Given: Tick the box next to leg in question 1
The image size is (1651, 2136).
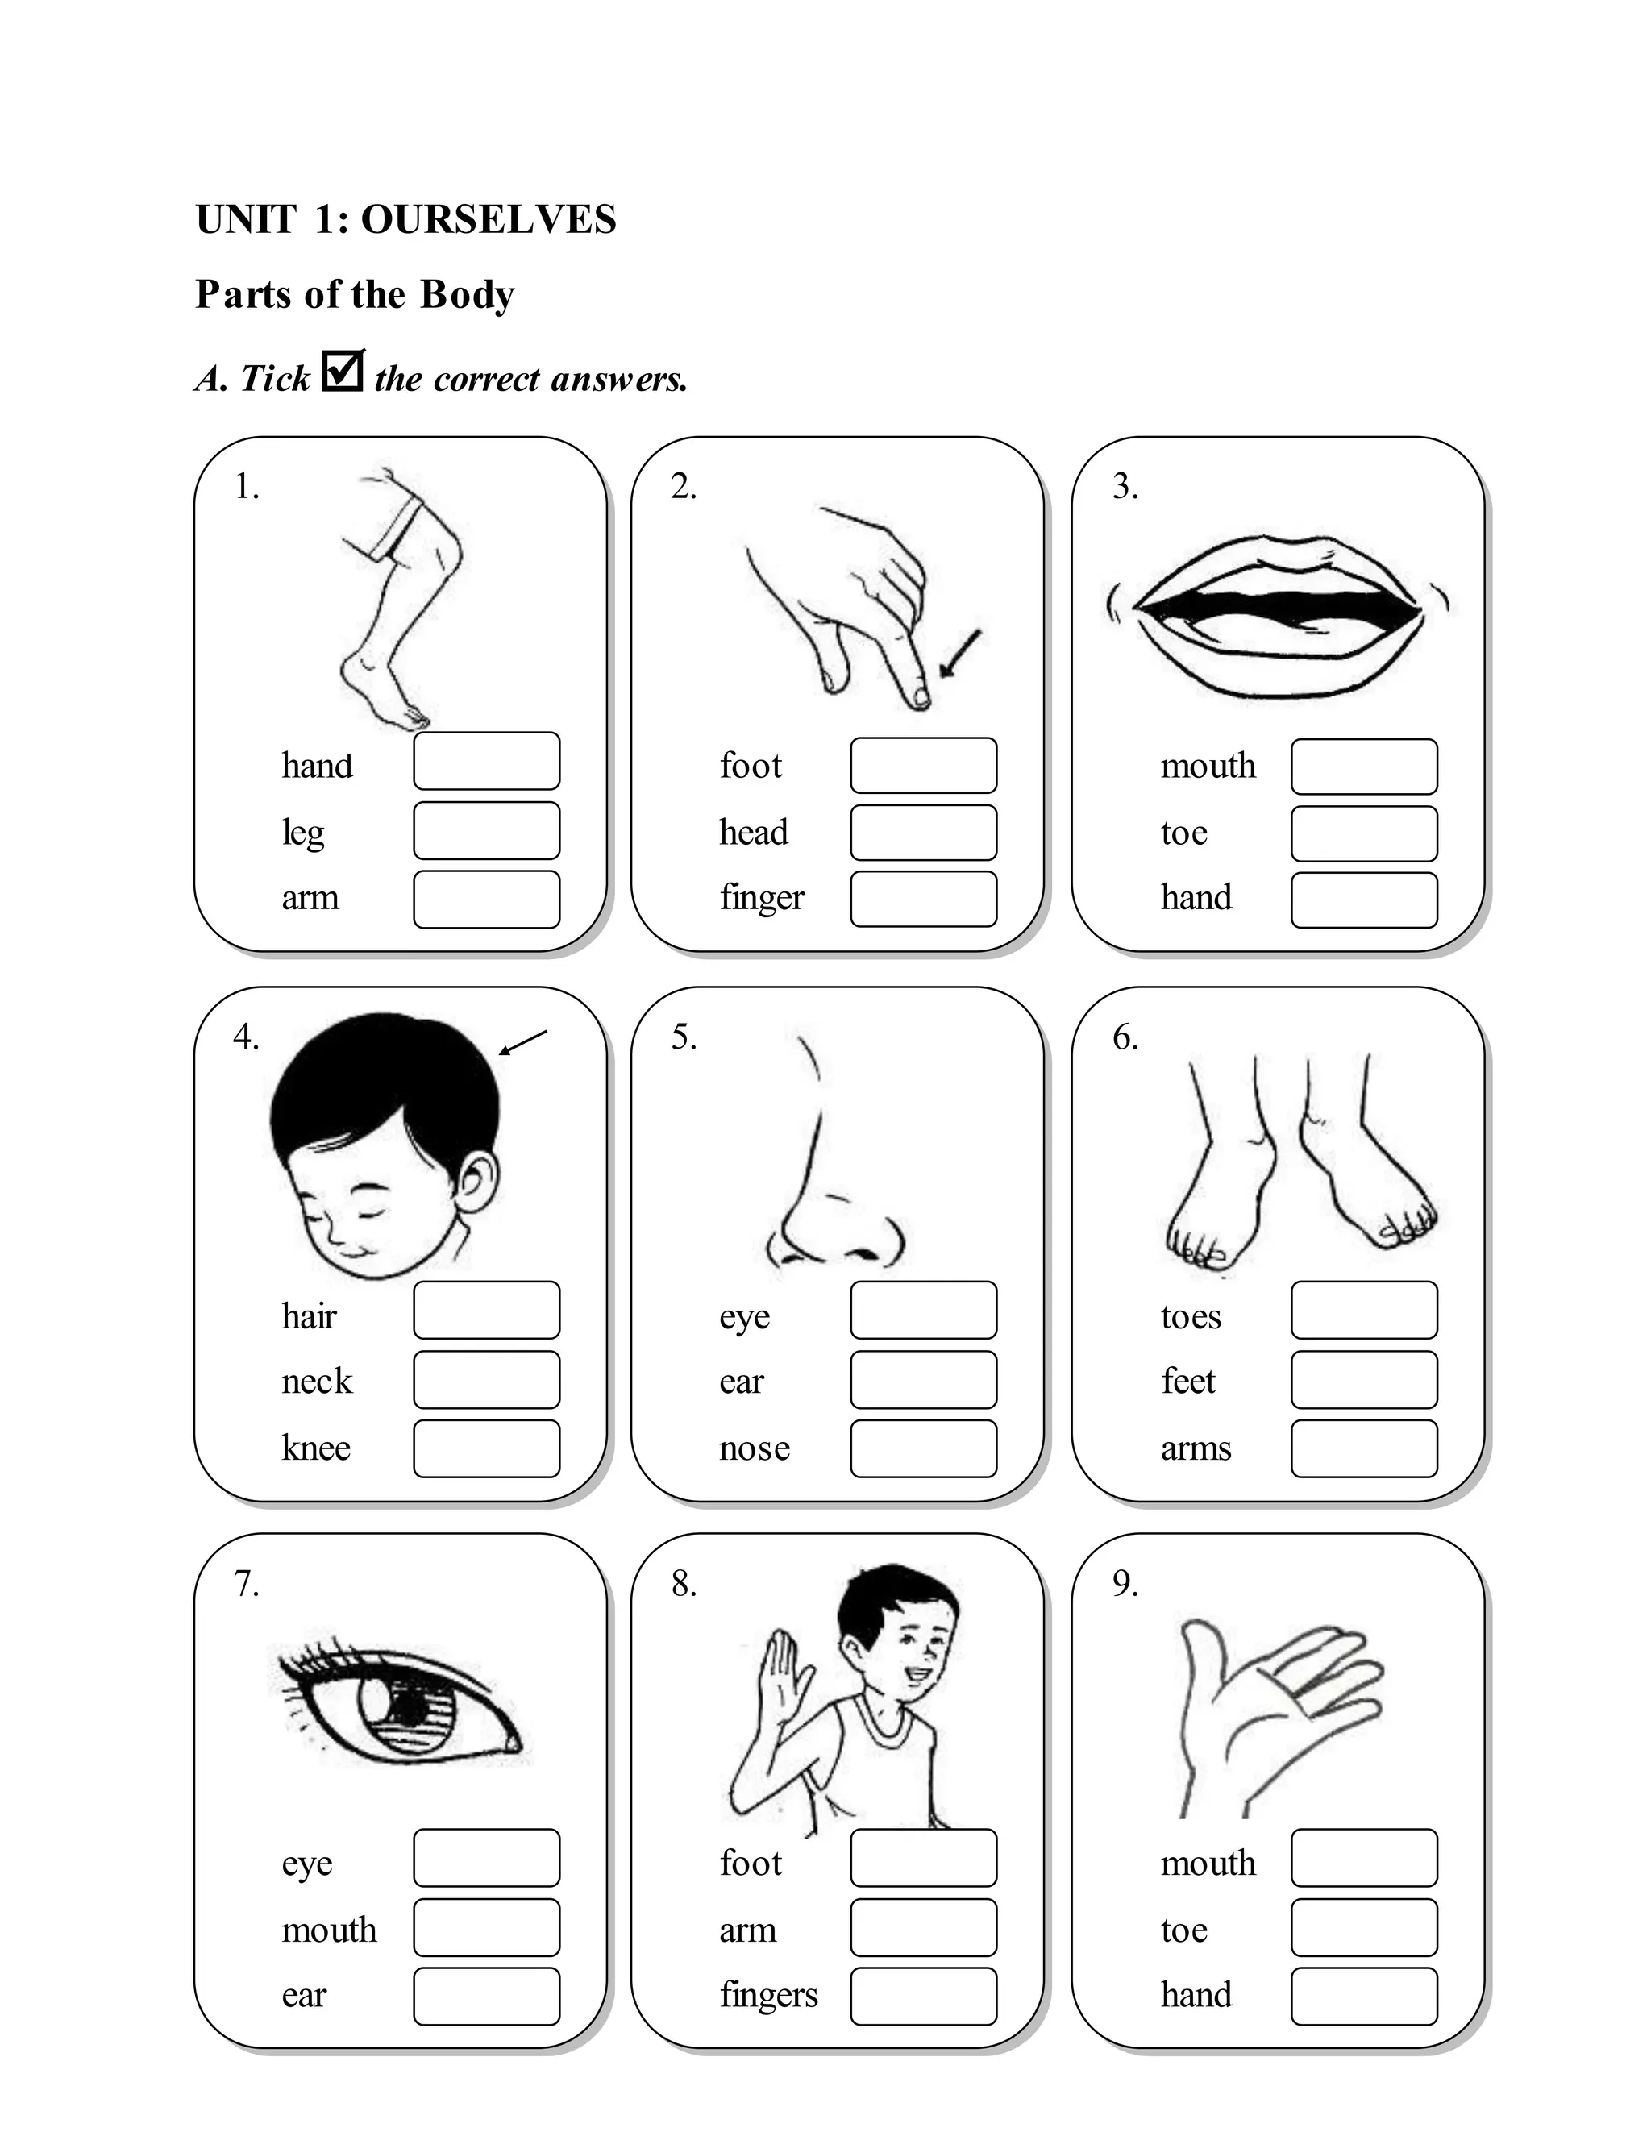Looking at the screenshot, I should coord(486,830).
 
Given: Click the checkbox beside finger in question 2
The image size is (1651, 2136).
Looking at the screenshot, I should coord(923,899).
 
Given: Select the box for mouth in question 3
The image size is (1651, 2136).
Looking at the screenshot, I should coord(1363,767).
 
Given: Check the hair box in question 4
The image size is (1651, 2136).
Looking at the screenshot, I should coord(486,1310).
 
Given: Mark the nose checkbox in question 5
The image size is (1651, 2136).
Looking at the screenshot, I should coord(923,1448).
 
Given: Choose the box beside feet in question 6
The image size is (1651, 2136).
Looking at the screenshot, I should coord(1363,1380).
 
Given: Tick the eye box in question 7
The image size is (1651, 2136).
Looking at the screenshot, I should coord(486,1857).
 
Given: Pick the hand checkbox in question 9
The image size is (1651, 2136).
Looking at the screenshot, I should coord(1363,1996).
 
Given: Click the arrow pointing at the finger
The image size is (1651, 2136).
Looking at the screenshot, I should coord(960,654).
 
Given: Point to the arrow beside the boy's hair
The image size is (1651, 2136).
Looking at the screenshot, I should coord(523,1042).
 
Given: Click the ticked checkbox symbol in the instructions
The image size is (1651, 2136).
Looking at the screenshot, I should coord(343,371).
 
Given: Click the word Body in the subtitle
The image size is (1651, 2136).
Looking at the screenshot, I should coord(467,294).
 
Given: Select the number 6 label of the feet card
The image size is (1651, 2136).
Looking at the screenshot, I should coord(1125,1037).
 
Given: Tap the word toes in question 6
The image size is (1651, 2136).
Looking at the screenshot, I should coord(1191,1316).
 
